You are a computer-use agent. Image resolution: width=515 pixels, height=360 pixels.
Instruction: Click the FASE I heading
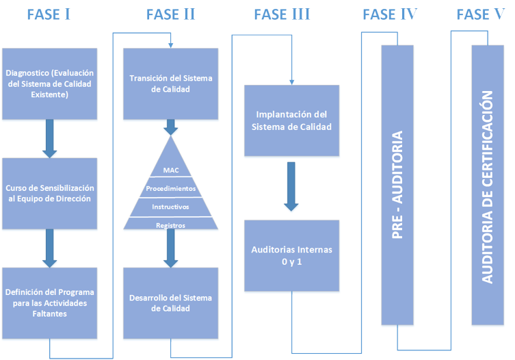coord(49,15)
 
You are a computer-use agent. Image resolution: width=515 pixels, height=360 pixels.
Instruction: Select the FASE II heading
coord(171,15)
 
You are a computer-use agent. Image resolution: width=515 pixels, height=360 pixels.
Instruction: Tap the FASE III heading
coord(282,15)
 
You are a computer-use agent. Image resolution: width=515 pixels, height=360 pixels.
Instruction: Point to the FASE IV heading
coord(391,15)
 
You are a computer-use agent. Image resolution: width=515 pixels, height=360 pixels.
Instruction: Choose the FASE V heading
coord(483,15)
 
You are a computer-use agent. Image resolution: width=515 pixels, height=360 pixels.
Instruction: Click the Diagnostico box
coord(49,83)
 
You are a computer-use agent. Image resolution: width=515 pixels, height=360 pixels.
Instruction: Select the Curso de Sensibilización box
coord(49,193)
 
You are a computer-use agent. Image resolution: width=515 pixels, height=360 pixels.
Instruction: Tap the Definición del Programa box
coord(49,303)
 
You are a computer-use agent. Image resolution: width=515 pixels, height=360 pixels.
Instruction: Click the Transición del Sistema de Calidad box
coord(171,83)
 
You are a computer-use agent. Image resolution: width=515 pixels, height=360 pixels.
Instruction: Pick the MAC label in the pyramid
coord(171,170)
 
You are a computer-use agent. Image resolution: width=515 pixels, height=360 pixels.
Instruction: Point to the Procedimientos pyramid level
coord(171,188)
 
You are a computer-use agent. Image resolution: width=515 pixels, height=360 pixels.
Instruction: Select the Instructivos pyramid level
coord(171,206)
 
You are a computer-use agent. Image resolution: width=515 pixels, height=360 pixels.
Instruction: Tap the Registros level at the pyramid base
coord(171,224)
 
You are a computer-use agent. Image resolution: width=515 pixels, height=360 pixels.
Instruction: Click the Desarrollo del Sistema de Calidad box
coord(171,303)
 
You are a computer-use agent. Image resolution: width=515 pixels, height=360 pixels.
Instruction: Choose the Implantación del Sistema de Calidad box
coord(291,121)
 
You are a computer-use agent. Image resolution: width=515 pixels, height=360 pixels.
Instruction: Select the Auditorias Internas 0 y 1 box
coord(291,255)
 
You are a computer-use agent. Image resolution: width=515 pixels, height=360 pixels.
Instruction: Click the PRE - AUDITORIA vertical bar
coord(397,185)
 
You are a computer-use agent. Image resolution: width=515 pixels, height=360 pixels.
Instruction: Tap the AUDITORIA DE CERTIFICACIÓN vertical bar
coord(488,185)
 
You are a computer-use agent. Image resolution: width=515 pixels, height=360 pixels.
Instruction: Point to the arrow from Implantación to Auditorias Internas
coord(291,186)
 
